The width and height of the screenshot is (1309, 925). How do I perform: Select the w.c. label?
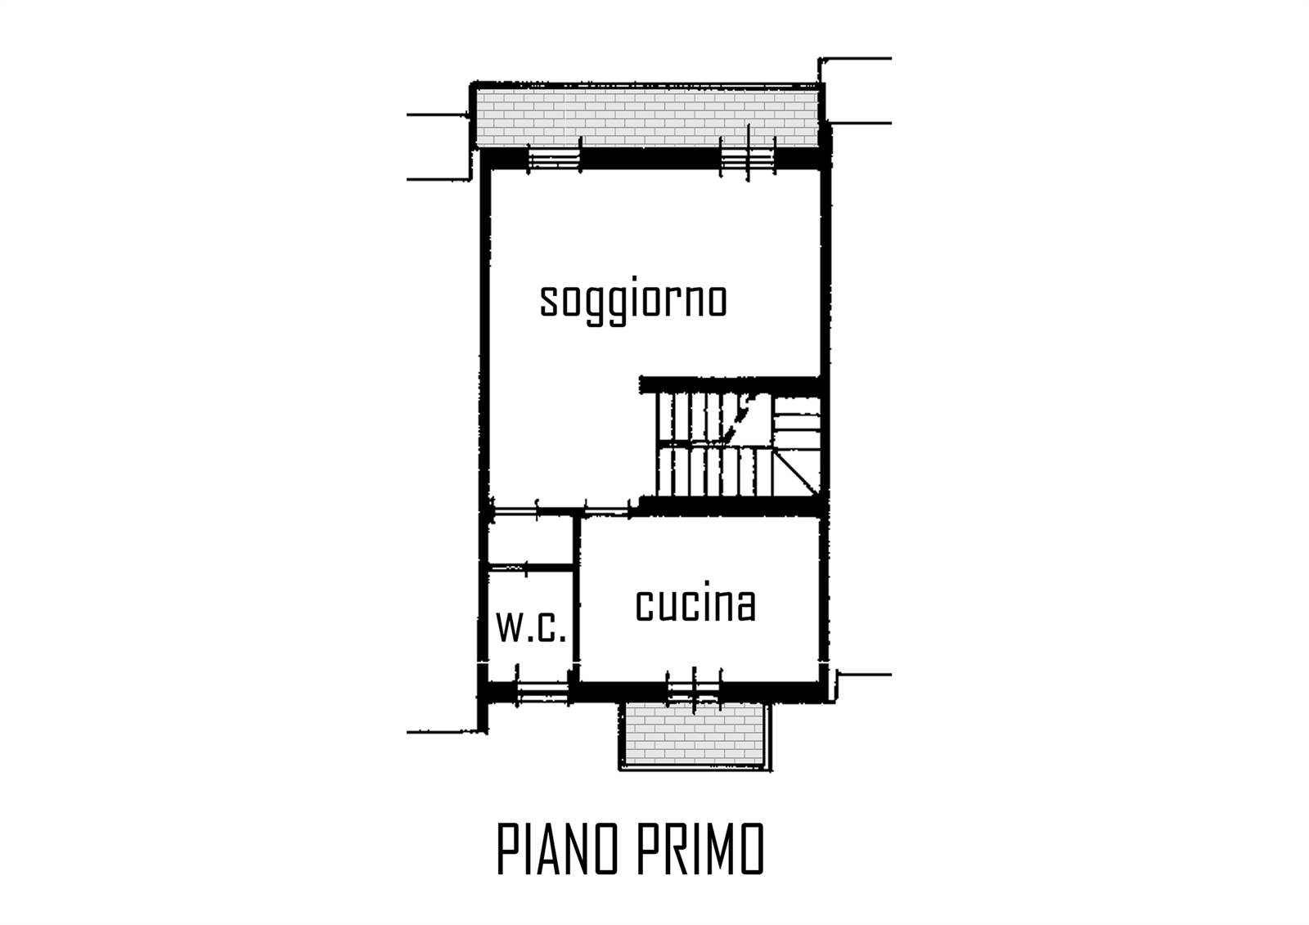click(x=531, y=627)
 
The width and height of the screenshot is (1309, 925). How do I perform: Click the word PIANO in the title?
click(x=557, y=848)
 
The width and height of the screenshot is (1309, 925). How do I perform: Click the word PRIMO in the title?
click(x=700, y=848)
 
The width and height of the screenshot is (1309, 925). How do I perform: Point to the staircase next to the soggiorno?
click(x=738, y=445)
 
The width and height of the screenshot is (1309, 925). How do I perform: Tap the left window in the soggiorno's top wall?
click(x=554, y=158)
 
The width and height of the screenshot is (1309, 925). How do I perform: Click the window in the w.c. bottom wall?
click(x=542, y=693)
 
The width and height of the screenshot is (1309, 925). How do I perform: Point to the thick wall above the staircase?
click(x=731, y=384)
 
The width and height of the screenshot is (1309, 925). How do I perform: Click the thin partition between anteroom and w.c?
click(x=531, y=568)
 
